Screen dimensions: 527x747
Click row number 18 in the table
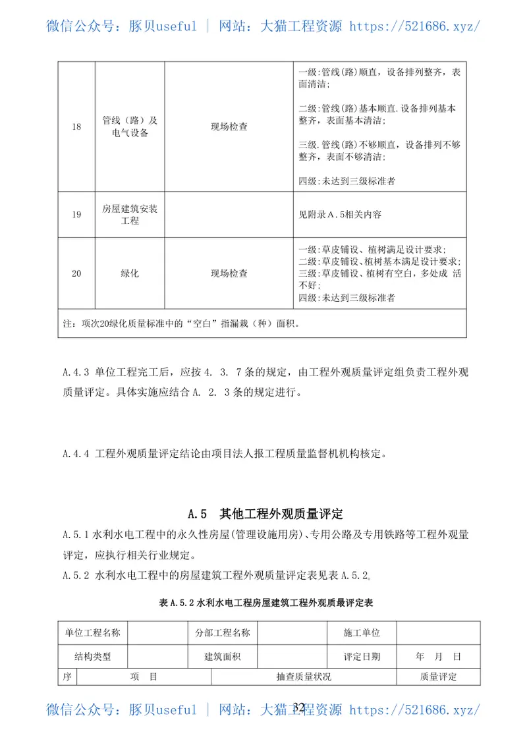(x=76, y=127)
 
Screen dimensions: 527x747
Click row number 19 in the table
(x=76, y=214)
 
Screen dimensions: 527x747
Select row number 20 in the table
(x=76, y=273)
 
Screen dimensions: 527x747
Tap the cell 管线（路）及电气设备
(x=130, y=127)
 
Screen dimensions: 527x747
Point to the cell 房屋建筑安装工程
(x=130, y=214)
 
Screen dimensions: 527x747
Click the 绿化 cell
(x=130, y=273)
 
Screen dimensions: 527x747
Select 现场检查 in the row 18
(x=229, y=127)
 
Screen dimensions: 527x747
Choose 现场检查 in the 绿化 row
(x=229, y=273)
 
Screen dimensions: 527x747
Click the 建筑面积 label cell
(x=223, y=656)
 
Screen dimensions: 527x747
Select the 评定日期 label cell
(x=362, y=656)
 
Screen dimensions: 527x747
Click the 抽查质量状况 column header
(x=304, y=677)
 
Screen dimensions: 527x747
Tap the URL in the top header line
(x=414, y=26)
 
